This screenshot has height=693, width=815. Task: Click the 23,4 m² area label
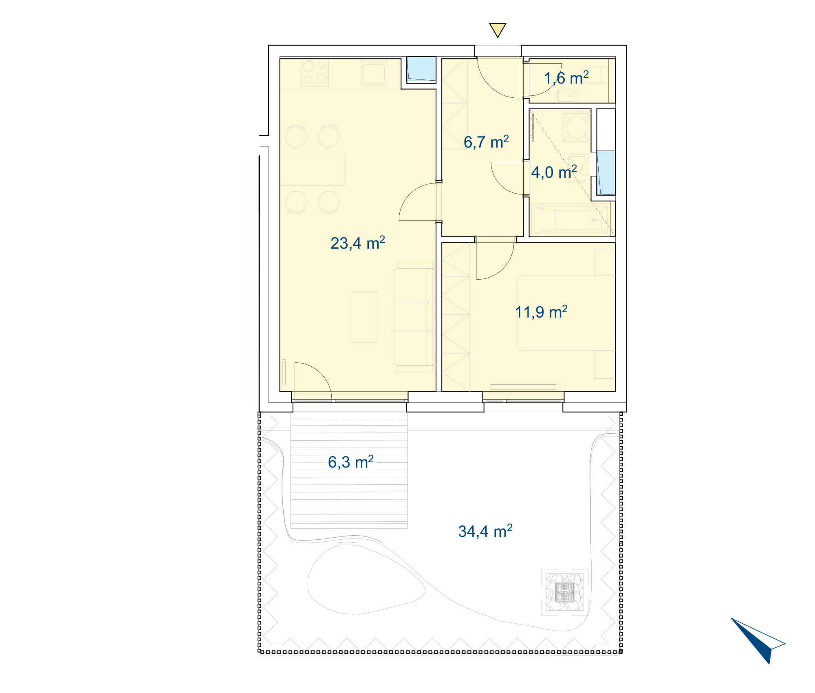tap(357, 243)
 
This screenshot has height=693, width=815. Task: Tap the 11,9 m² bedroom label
tap(541, 312)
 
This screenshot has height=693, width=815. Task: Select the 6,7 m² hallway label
tap(486, 142)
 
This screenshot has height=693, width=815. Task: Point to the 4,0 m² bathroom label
tap(554, 172)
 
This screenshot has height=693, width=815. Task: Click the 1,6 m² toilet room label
tap(566, 78)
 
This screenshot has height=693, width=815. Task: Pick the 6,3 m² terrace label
tap(350, 462)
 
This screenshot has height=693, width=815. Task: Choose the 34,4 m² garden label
tap(485, 531)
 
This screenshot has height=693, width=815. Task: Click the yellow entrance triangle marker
tap(498, 30)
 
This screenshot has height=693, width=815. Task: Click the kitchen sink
tap(374, 73)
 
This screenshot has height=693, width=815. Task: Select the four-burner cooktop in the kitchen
tap(315, 73)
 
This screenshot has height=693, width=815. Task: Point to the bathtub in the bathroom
tap(572, 220)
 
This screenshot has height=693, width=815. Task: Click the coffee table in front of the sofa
tap(363, 317)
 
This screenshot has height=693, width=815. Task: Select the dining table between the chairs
tap(313, 169)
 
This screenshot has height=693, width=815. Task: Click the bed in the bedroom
tap(566, 313)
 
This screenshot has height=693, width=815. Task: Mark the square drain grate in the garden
tap(565, 592)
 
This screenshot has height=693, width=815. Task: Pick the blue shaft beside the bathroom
tap(606, 173)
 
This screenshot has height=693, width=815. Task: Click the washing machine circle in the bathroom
tap(577, 127)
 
